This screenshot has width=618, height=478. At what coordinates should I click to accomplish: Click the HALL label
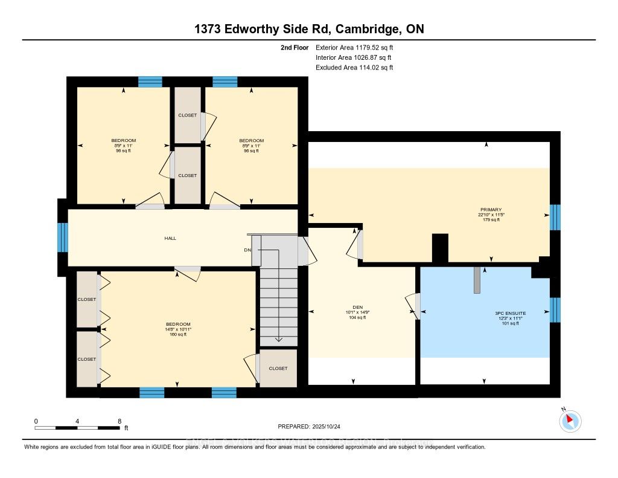(170, 238)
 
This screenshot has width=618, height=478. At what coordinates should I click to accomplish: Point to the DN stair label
(247, 250)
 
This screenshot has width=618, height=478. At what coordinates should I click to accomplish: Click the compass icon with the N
(570, 421)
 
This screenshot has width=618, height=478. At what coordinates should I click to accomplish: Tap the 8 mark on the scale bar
(119, 421)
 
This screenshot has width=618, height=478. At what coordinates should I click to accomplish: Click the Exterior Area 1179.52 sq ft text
(354, 47)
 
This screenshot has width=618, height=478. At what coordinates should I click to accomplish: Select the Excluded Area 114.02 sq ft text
(354, 68)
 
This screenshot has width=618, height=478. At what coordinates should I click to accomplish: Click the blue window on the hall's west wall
(62, 237)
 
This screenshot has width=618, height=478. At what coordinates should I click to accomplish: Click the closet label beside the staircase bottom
(278, 368)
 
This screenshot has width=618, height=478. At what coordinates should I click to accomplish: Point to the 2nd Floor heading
(295, 47)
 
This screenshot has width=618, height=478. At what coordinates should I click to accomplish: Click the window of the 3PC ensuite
(555, 309)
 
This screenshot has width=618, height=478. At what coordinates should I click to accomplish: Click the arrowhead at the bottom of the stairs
(278, 340)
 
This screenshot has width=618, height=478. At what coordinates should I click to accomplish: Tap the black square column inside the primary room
(441, 248)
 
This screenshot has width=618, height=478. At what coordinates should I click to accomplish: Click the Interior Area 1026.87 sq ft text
(354, 57)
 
